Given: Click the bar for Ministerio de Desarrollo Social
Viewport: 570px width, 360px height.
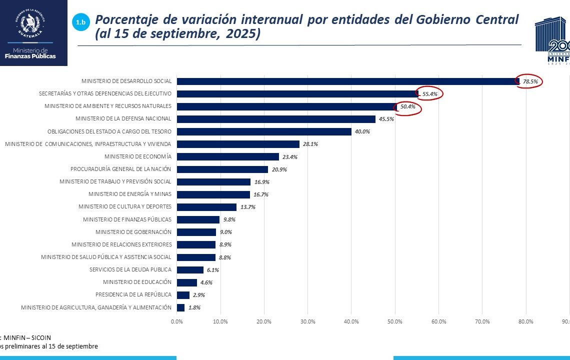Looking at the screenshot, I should (347, 81).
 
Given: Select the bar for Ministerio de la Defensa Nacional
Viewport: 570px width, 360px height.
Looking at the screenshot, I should (276, 119).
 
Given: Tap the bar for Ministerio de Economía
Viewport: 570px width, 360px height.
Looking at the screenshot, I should (228, 156).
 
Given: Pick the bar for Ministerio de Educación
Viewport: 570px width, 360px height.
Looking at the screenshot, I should (187, 282).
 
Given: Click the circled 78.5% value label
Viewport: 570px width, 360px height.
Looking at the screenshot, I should (530, 81).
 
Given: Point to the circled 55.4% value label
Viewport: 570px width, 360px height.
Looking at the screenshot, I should (430, 94).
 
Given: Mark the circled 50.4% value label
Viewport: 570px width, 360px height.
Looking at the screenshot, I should (408, 106).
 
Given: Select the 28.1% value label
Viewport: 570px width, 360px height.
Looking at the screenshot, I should (309, 144).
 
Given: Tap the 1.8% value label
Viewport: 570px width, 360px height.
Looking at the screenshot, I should (194, 307).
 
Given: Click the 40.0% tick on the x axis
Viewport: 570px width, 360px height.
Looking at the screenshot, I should (351, 321).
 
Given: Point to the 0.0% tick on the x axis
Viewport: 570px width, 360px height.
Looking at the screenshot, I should (177, 321).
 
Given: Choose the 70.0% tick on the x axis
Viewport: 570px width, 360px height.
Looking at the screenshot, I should (482, 321).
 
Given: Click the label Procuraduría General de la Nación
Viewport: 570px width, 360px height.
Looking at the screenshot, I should (120, 169).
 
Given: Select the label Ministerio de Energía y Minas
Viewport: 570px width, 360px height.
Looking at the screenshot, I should (129, 194).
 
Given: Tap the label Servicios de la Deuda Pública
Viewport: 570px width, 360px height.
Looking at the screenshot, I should (130, 269).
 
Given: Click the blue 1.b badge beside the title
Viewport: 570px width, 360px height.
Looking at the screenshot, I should (80, 22).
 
